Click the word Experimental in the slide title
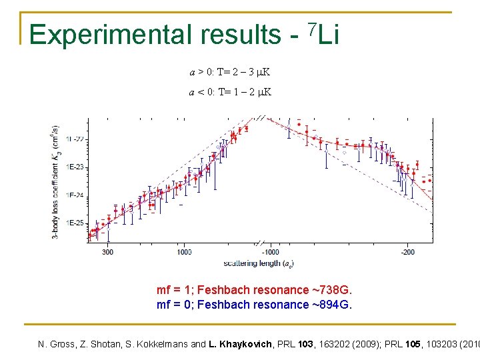[x=96, y=35]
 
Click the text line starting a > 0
[x=230, y=71]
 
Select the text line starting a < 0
[x=230, y=91]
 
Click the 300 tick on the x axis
[x=107, y=252]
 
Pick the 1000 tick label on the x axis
[x=184, y=252]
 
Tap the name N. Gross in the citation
[x=57, y=345]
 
